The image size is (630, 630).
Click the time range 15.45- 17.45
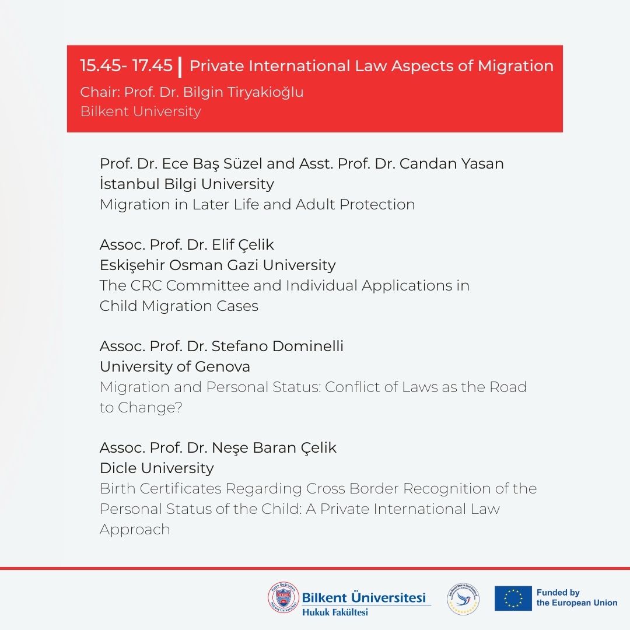point(126,66)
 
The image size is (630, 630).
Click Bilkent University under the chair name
point(141,111)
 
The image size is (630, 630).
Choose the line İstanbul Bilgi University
point(187,184)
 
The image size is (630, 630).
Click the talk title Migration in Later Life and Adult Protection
point(257,204)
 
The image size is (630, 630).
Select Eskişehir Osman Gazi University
point(218,265)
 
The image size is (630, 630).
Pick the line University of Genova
point(175,366)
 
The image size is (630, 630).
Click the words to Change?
point(141,407)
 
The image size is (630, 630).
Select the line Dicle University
point(157,468)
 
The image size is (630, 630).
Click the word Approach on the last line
point(135,529)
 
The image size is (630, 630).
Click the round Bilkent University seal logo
point(283,598)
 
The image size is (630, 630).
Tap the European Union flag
point(513,598)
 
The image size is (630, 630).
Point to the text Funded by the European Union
point(576,598)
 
